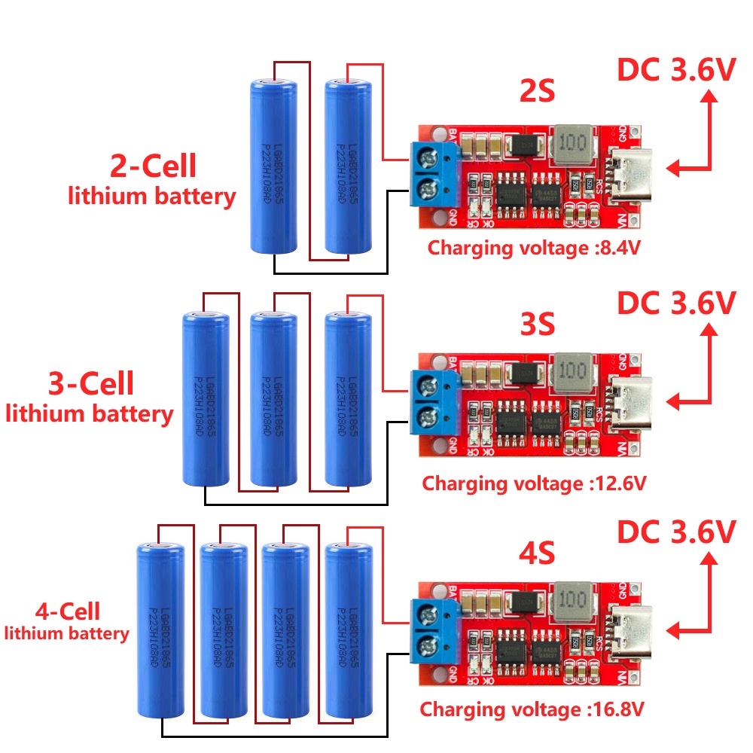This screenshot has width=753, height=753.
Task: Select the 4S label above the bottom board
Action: click(x=536, y=554)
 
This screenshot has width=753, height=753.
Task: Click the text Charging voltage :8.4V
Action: click(x=534, y=248)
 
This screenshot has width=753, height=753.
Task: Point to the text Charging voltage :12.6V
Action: click(x=534, y=482)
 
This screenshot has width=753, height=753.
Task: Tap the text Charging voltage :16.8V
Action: click(x=532, y=709)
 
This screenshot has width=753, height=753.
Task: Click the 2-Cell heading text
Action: click(x=153, y=166)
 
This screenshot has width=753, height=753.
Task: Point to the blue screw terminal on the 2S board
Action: click(x=432, y=173)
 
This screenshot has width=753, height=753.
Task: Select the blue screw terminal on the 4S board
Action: click(x=432, y=631)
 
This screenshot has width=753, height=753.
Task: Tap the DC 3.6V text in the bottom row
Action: click(x=675, y=532)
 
